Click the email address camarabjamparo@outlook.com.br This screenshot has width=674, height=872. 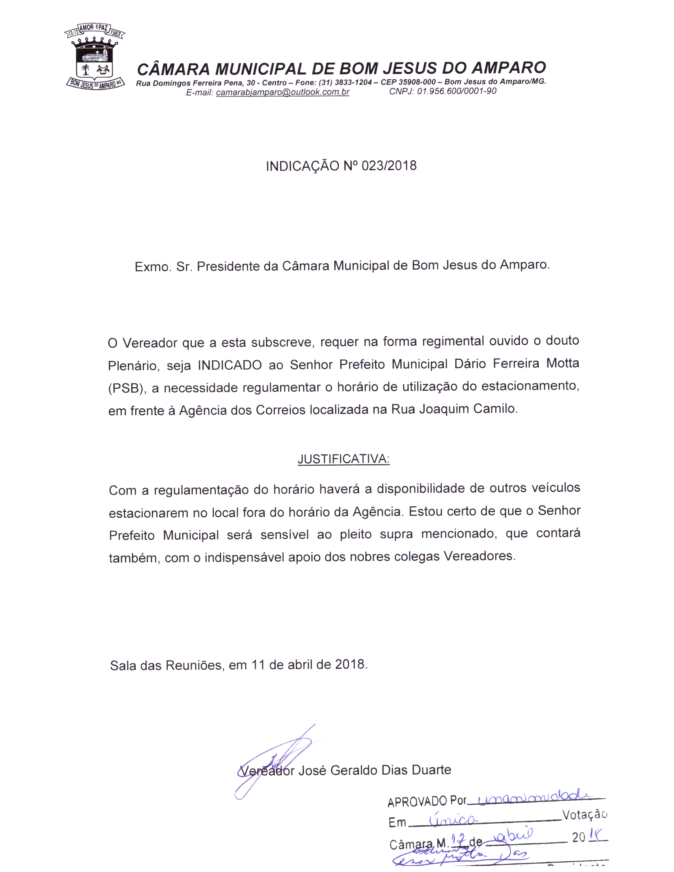tap(282, 92)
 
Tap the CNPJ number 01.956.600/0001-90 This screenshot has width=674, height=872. tap(456, 91)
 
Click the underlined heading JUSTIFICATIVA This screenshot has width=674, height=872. tap(343, 459)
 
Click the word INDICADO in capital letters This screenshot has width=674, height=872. tap(230, 365)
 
